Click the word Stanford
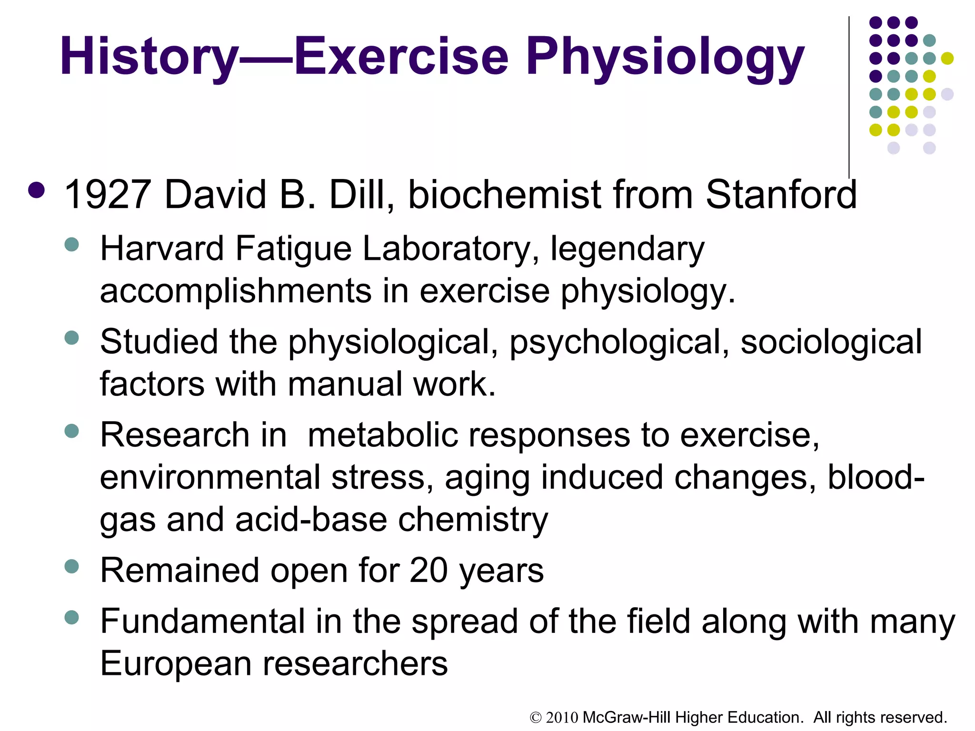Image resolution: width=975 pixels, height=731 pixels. click(x=781, y=195)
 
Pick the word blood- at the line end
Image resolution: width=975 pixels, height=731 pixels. click(x=876, y=477)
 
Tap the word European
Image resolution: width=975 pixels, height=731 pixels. click(x=175, y=664)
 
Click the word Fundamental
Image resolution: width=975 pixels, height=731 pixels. click(x=202, y=621)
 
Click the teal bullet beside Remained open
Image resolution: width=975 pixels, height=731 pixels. click(x=71, y=566)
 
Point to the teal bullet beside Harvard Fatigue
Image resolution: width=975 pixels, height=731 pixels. click(x=71, y=245)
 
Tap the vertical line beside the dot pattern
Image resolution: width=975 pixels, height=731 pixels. click(x=849, y=95)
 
